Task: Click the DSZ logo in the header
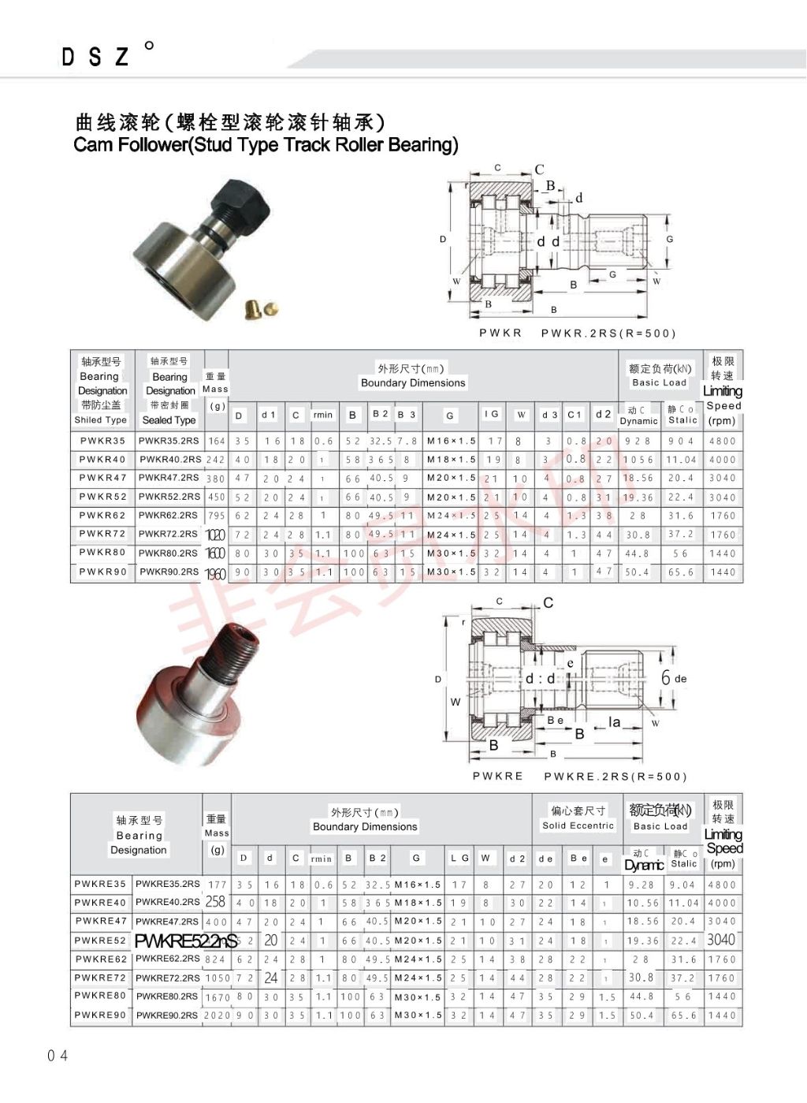click(x=95, y=57)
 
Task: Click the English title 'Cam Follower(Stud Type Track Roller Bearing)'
click(x=266, y=145)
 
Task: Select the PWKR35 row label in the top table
click(x=102, y=441)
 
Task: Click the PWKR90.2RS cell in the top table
click(x=169, y=572)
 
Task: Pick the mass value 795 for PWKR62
click(x=216, y=516)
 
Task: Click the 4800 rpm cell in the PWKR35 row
click(x=722, y=442)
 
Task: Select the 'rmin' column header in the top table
click(x=323, y=415)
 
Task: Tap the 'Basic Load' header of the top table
click(x=660, y=382)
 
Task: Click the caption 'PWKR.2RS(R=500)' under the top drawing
click(x=608, y=333)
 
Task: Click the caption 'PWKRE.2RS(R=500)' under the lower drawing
click(x=615, y=777)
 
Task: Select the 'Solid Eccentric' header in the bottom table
click(x=578, y=825)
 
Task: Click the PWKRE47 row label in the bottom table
click(x=101, y=921)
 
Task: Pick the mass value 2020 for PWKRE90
click(x=217, y=1015)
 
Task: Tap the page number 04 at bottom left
click(x=58, y=1055)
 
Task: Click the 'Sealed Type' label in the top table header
click(x=169, y=420)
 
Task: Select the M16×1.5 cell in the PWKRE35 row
click(x=418, y=885)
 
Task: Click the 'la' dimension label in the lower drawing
click(x=614, y=722)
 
